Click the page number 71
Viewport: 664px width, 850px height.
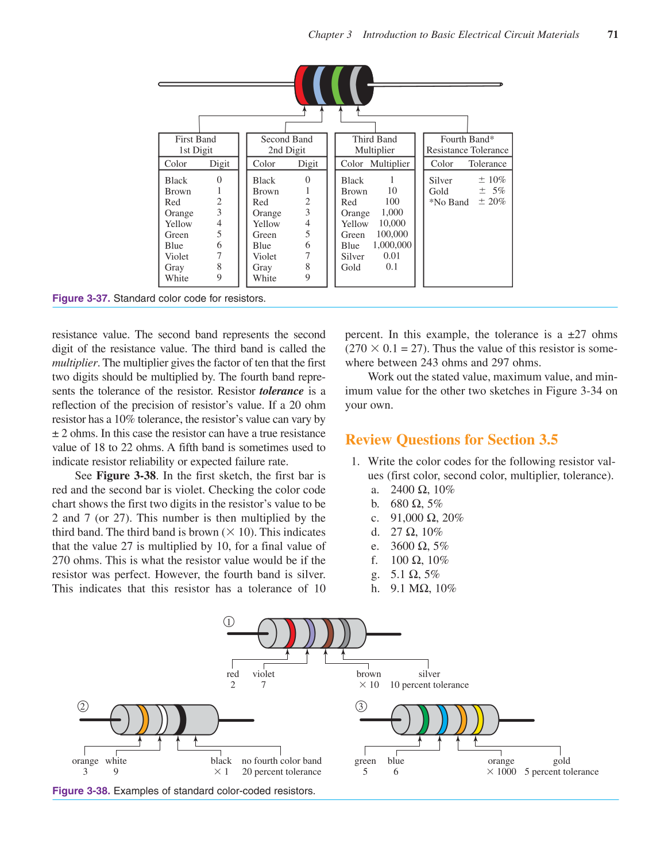[612, 34]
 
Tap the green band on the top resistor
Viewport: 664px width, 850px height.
[337, 85]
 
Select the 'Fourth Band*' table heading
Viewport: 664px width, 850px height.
[467, 139]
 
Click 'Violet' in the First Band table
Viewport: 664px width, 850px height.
[176, 256]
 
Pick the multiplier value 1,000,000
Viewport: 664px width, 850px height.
[392, 245]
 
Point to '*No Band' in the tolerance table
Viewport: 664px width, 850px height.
[449, 202]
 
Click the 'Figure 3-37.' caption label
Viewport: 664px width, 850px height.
[81, 298]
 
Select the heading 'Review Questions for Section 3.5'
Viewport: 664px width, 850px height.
[451, 440]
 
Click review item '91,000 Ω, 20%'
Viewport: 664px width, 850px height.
[426, 518]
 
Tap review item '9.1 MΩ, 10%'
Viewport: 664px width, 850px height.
[423, 589]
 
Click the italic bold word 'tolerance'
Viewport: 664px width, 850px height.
[281, 391]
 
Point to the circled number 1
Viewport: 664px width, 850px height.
[229, 622]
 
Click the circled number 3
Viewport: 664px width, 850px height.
[361, 706]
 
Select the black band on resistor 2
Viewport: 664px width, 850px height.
[180, 720]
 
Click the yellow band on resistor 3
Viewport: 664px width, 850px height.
[478, 720]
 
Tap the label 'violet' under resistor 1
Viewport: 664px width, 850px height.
[264, 674]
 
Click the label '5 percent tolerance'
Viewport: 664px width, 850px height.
[561, 772]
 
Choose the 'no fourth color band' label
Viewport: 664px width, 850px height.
[281, 761]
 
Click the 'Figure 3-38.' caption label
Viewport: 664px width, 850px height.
[81, 791]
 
